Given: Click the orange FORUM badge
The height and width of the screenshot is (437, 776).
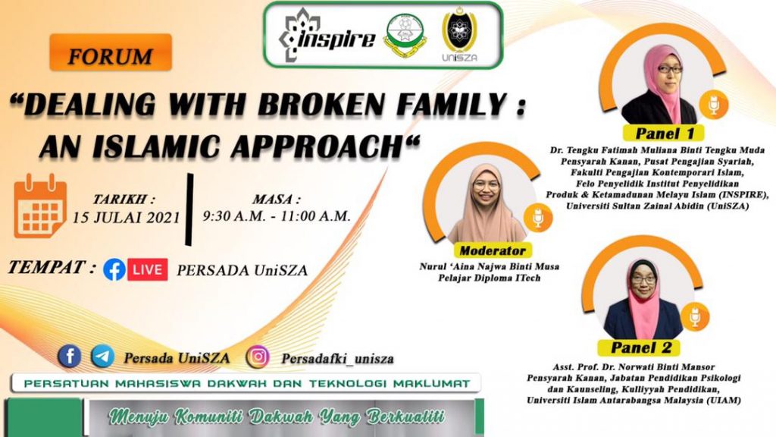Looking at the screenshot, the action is pos(111,52).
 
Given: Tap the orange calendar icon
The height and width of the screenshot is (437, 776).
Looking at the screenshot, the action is pos(39,206).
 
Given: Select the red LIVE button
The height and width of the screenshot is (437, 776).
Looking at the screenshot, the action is pos(148,269).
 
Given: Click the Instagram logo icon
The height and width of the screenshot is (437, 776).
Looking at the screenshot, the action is pos(258,357).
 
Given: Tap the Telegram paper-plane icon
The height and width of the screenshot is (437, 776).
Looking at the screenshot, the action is pos(103,357).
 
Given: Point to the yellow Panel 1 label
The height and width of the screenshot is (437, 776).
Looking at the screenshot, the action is pos(663,134).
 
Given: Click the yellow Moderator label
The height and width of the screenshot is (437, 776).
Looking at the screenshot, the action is pos(493,250).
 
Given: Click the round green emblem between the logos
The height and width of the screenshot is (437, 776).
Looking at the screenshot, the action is pos(405,35).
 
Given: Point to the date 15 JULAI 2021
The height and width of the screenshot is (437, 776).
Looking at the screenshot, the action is pos(127,218).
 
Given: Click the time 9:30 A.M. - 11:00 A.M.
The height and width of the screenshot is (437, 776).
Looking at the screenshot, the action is pos(277,216).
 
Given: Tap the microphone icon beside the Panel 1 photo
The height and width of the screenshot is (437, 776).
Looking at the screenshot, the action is pos(713,105).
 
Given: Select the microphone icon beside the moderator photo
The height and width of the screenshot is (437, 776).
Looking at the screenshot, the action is pos(538,218).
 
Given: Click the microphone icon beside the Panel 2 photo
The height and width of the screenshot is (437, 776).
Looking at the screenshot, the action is pos(695,316).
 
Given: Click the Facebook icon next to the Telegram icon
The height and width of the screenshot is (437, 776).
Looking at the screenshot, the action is pos(69,357).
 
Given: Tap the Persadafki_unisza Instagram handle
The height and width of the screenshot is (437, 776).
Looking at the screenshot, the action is pos(337,359).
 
